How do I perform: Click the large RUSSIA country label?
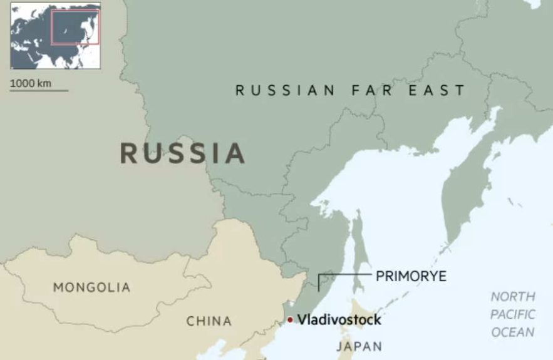pyautogui.click(x=182, y=153)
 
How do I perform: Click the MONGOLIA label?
pyautogui.click(x=92, y=288)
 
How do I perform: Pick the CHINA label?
pyautogui.click(x=209, y=321)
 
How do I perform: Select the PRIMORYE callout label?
pyautogui.click(x=411, y=276)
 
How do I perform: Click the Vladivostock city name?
pyautogui.click(x=339, y=320)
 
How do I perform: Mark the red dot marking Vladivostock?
pyautogui.click(x=290, y=320)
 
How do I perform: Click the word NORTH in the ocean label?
pyautogui.click(x=512, y=297)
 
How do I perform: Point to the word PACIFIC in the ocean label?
pyautogui.click(x=512, y=314)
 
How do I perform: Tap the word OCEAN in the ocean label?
pyautogui.click(x=512, y=332)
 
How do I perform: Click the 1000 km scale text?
pyautogui.click(x=31, y=83)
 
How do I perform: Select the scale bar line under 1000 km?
pyautogui.click(x=39, y=91)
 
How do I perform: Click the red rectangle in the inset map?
pyautogui.click(x=75, y=28)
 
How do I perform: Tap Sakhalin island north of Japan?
pyautogui.click(x=359, y=250)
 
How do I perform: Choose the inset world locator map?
pyautogui.click(x=55, y=36)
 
